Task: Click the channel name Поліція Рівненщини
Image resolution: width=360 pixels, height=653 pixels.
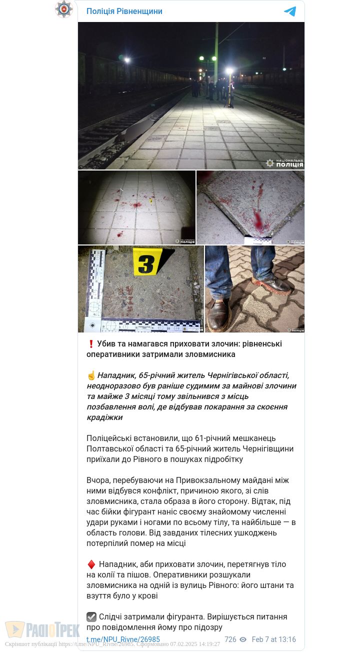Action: pos(124,11)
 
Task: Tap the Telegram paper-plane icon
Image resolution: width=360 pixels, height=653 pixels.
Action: pos(290,11)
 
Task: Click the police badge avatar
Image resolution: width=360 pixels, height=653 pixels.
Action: pos(64,9)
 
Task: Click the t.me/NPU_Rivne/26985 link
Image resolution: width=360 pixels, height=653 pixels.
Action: pos(123,639)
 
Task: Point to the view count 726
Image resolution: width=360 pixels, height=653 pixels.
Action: pos(230,639)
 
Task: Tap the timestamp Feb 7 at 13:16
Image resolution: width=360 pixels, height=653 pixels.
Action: pos(273,639)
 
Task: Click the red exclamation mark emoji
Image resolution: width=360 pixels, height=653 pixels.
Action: pos(91,344)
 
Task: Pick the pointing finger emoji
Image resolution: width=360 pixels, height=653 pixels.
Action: pos(91,375)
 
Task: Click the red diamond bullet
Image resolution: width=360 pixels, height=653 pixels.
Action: pos(91,564)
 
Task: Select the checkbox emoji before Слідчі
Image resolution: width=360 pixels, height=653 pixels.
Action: pos(91,617)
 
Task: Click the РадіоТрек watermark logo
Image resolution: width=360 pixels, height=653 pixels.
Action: pos(42,630)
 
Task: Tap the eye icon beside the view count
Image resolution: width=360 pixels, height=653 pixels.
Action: pos(243,639)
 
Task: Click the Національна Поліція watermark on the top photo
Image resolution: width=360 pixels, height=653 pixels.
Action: pos(284,163)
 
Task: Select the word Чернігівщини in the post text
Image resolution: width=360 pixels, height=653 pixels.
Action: pos(268,449)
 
